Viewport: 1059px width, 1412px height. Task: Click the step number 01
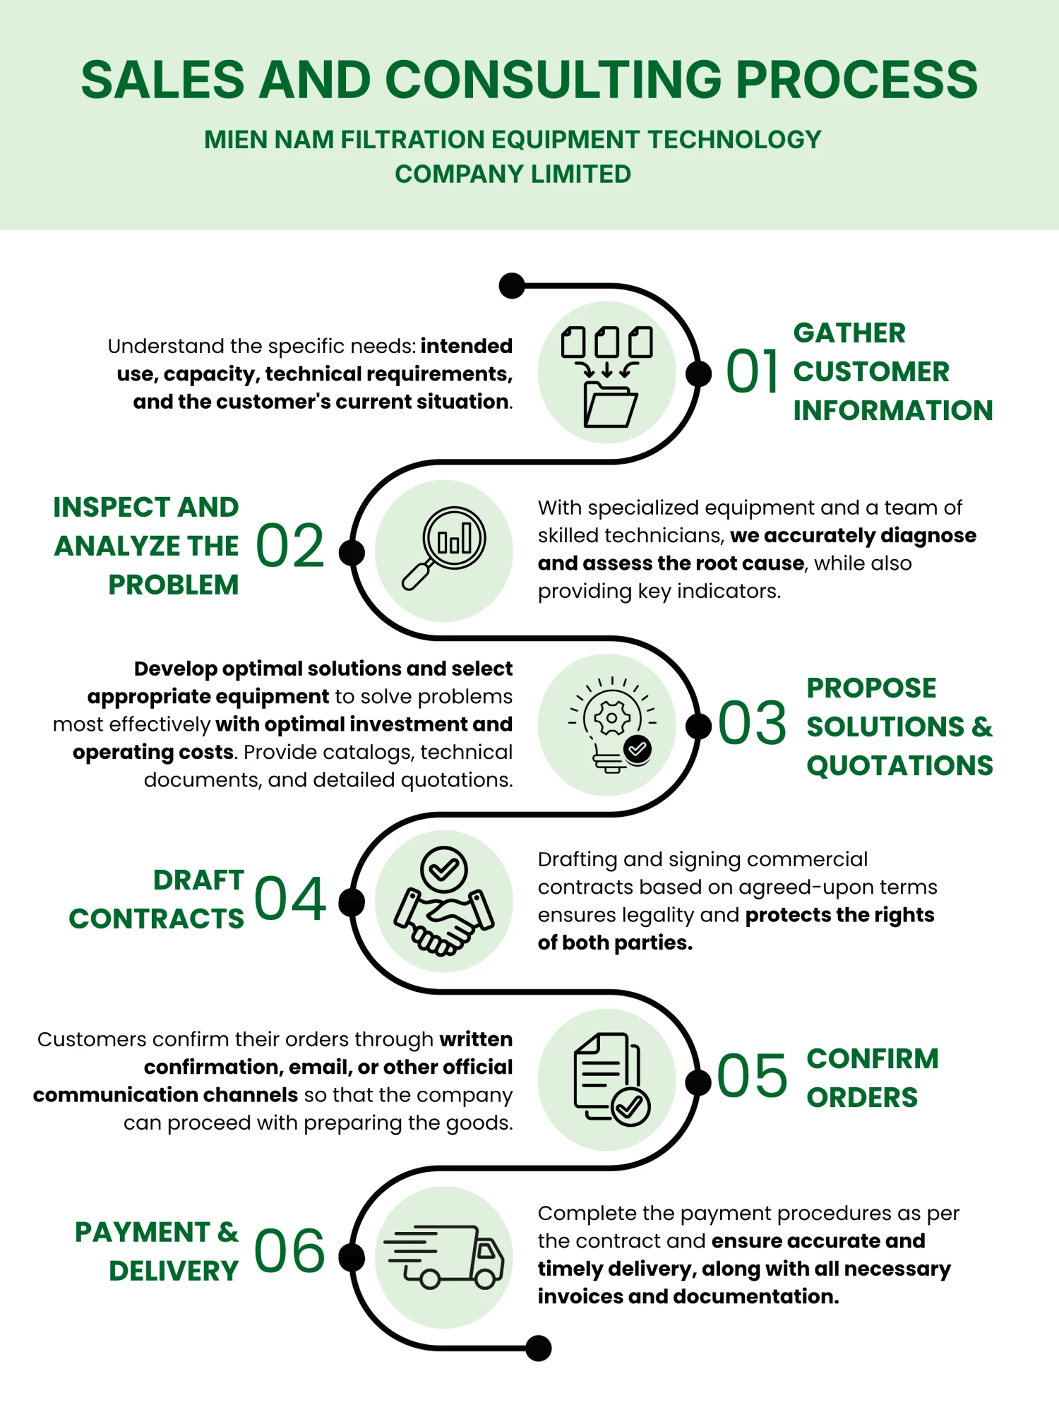753,371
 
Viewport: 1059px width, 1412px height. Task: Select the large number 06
289,1251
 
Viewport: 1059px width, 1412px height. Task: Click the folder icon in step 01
606,376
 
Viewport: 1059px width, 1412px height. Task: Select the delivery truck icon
443,1257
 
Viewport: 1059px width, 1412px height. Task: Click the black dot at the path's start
512,286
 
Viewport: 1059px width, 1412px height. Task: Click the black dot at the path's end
538,1348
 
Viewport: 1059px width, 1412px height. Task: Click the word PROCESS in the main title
857,79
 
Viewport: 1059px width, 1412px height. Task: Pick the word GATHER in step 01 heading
849,333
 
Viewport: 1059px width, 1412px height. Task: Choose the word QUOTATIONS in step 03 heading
900,765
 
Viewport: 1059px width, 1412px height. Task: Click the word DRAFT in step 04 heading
199,880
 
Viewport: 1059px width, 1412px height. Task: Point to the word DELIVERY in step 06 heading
174,1271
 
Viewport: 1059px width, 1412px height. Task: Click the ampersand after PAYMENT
228,1232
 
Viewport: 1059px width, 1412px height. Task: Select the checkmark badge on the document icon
630,1106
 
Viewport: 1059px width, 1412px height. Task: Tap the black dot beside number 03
698,726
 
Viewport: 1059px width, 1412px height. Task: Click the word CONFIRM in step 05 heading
873,1058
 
